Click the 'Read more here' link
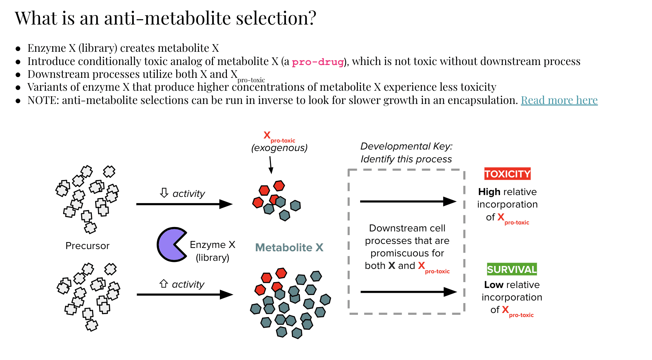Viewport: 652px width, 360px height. click(x=559, y=100)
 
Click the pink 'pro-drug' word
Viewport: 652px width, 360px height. click(x=318, y=62)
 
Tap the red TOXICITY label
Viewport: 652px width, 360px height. click(x=507, y=174)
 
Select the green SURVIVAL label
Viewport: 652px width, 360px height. click(x=512, y=269)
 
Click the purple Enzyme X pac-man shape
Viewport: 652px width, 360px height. click(x=170, y=245)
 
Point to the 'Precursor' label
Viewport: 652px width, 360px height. click(x=87, y=246)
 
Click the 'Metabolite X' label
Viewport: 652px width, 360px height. click(x=289, y=248)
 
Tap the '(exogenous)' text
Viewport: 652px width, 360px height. click(x=279, y=148)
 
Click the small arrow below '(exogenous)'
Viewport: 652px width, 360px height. click(x=271, y=165)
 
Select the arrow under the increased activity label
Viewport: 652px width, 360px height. click(x=185, y=294)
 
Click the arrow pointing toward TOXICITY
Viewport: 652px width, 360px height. click(x=408, y=201)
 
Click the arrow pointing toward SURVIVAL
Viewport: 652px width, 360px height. click(x=408, y=292)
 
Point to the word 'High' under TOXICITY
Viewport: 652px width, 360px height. click(x=489, y=192)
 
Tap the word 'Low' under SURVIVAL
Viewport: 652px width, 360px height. click(x=493, y=285)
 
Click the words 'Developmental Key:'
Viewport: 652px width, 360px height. click(x=406, y=146)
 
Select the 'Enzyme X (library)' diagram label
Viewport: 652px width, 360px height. click(x=213, y=251)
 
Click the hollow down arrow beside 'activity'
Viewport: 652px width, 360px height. click(x=164, y=193)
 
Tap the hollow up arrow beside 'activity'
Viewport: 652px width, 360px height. click(x=164, y=284)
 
